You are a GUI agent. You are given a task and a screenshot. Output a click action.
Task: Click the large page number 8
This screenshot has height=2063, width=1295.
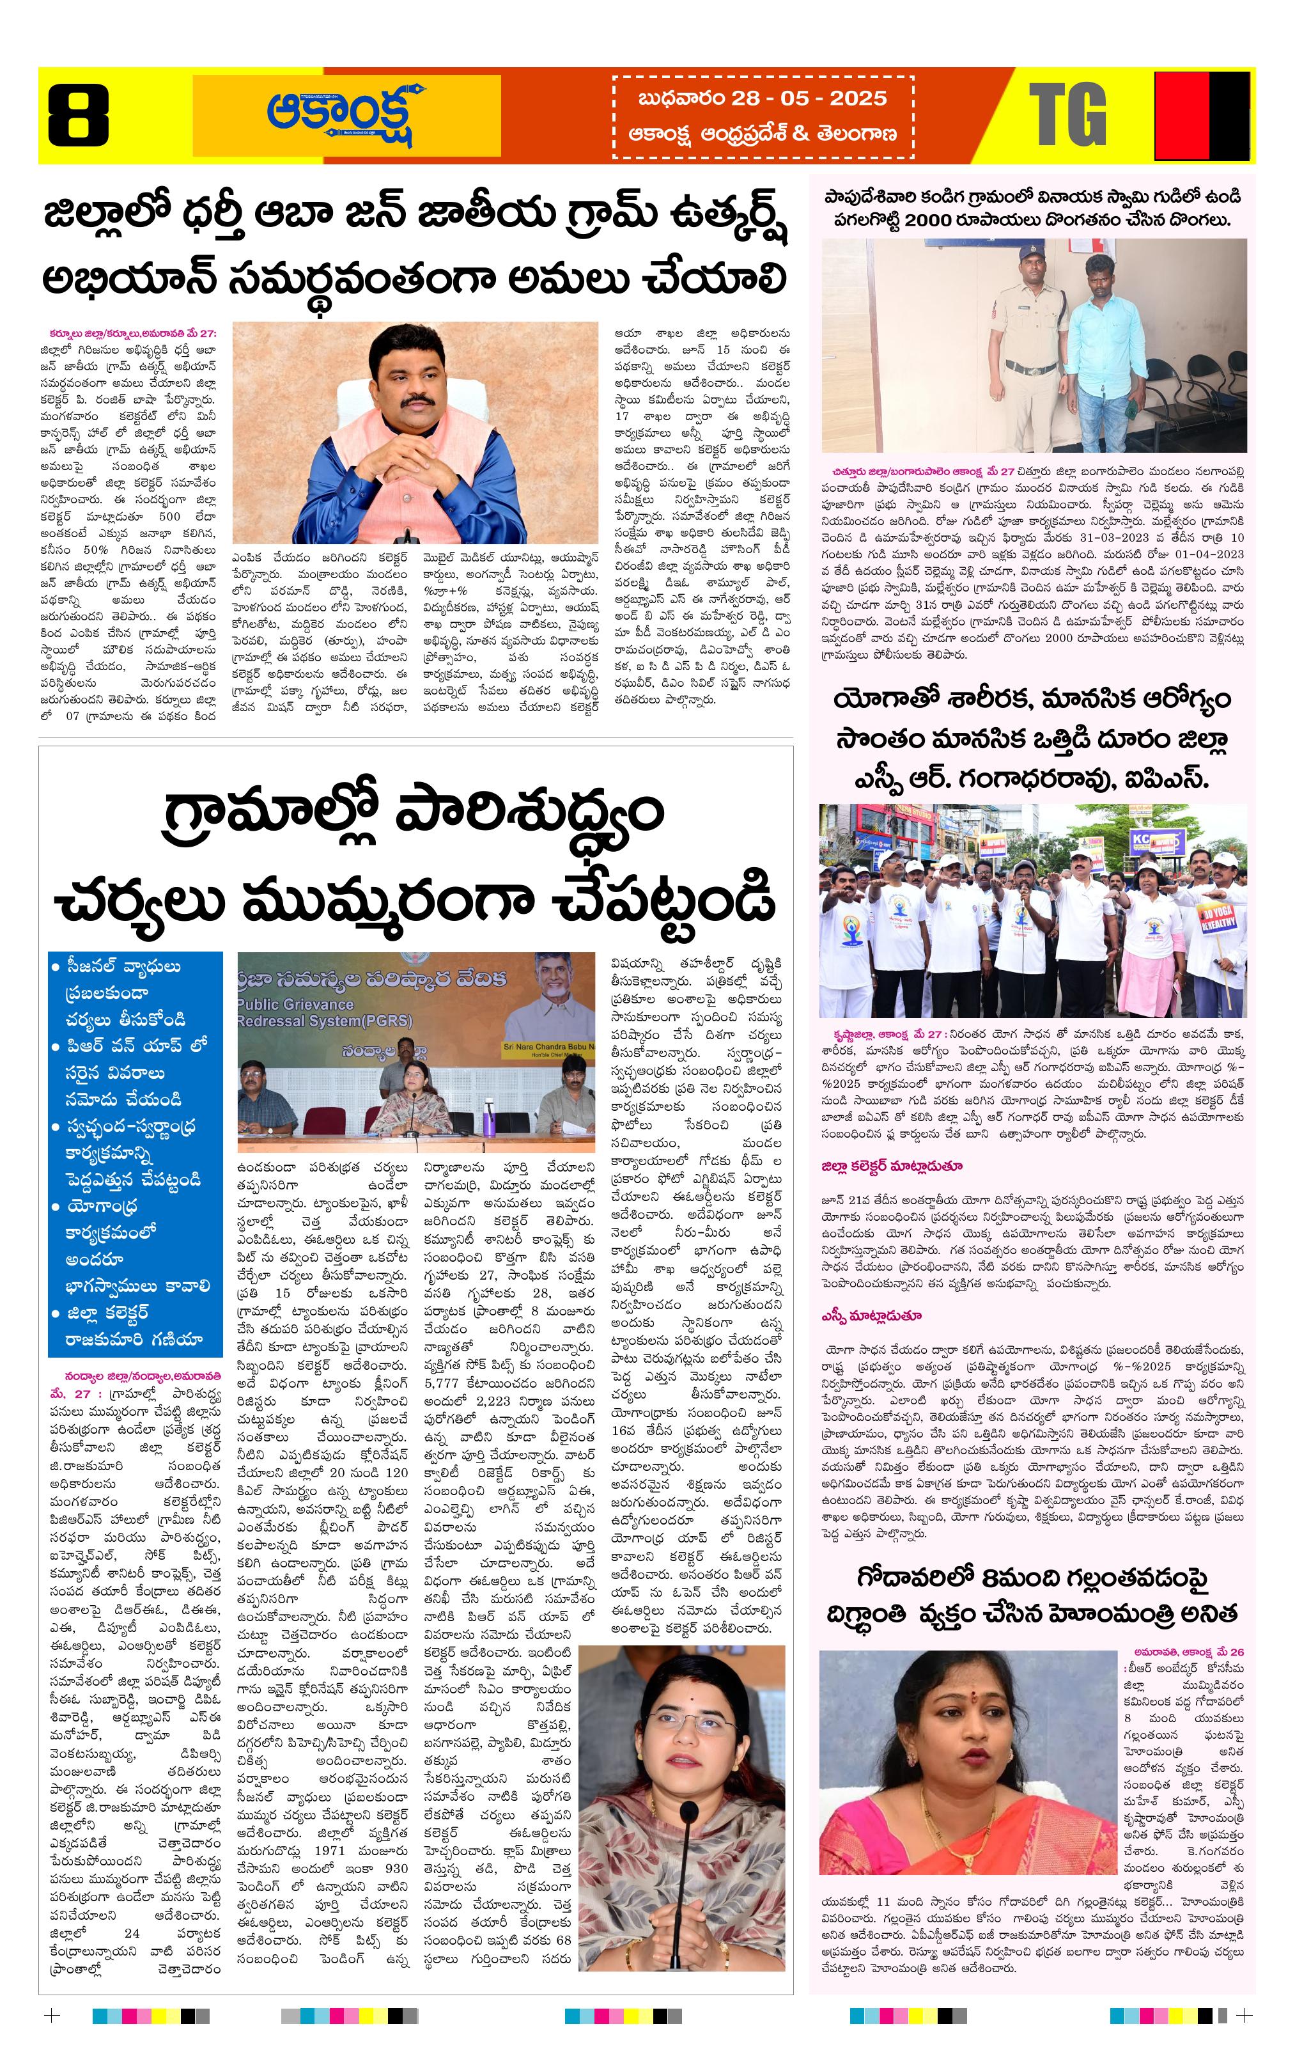pos(78,115)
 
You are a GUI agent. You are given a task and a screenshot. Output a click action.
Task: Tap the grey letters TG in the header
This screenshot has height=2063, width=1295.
pos(1067,115)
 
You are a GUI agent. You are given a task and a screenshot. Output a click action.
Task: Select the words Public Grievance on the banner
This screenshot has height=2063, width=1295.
pos(295,1004)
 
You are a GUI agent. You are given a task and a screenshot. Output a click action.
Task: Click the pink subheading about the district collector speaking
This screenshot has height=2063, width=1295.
pos(892,1166)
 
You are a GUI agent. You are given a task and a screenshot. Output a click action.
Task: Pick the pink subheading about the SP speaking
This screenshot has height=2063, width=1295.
pos(871,1316)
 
